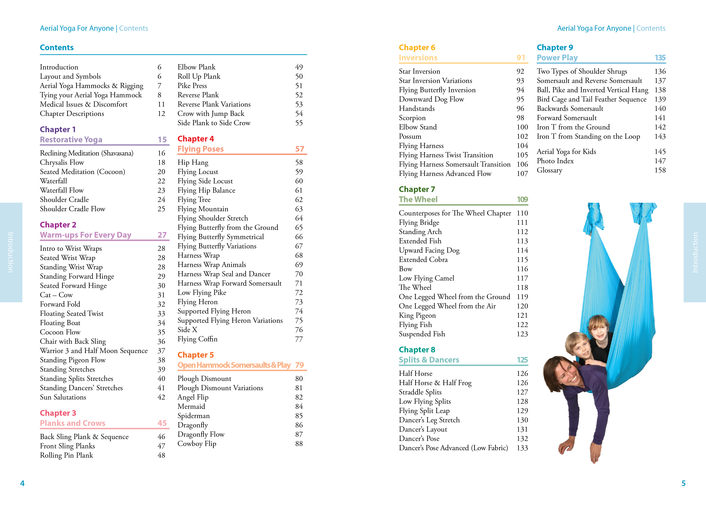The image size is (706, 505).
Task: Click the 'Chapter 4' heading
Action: coord(196,139)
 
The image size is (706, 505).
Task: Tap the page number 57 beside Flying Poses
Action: coord(299,149)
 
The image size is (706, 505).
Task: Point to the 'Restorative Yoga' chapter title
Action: coord(71,140)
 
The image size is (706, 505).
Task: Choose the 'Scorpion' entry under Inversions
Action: coord(412,118)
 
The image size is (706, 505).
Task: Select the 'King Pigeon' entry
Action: coord(417,315)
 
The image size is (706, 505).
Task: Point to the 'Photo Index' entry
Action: coord(555,161)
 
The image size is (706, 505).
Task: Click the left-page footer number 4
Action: coord(22,483)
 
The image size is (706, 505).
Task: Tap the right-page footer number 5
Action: coord(683,483)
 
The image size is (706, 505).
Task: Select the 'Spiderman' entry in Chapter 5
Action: coord(194,416)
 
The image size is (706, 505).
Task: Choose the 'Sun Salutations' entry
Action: coord(63,397)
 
